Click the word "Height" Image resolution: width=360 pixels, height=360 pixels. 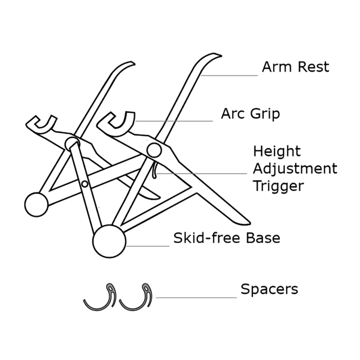tap(277, 152)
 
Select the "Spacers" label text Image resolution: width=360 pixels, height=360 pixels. tap(269, 290)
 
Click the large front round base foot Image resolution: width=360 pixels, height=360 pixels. tap(109, 241)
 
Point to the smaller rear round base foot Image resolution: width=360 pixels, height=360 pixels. tap(36, 205)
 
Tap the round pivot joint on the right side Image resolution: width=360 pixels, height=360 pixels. tap(154, 150)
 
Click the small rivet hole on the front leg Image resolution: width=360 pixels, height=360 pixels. tap(85, 184)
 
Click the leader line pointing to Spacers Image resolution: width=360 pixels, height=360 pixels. tap(196, 297)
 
